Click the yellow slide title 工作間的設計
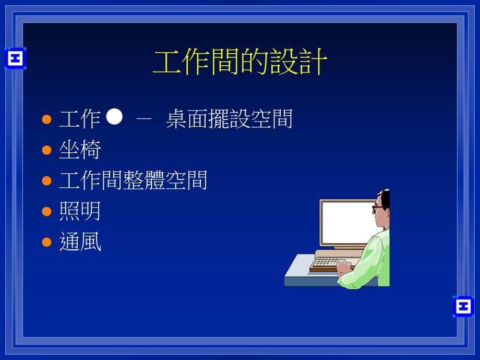(240, 63)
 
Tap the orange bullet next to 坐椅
(47, 150)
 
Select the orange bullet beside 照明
(47, 211)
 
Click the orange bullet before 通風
(47, 242)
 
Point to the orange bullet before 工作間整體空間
(47, 181)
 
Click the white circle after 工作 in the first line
(114, 117)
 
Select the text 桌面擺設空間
(229, 119)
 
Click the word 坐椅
(80, 150)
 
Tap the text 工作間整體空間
(133, 181)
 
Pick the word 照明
(80, 211)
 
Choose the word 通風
(80, 242)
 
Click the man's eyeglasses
(377, 208)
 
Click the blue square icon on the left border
(15, 58)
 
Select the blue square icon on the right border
(463, 306)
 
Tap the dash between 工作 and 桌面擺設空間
(143, 119)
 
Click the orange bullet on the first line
(47, 119)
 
